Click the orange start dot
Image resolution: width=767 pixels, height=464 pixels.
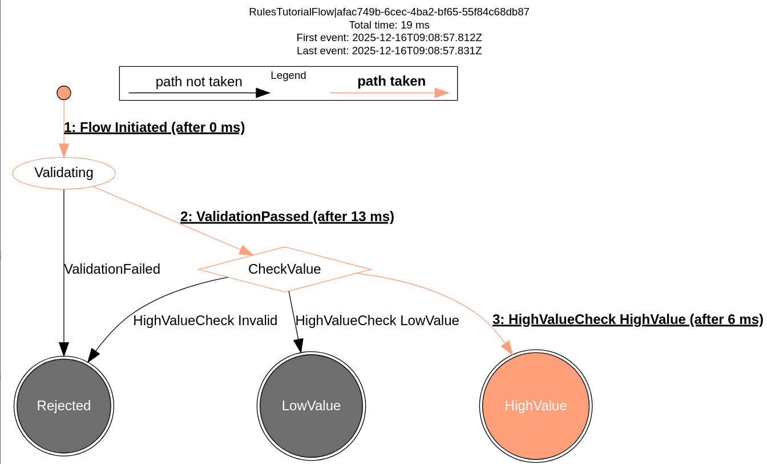pos(64,93)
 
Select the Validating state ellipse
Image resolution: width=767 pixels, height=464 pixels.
pos(64,173)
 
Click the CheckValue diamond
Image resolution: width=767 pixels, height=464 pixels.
pos(284,269)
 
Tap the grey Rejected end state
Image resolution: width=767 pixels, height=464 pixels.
pos(64,406)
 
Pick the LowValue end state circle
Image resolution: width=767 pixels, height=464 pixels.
pos(311,406)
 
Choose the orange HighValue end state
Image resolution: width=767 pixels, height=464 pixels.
pos(536,406)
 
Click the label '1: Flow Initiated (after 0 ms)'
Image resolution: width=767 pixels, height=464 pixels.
pos(154,127)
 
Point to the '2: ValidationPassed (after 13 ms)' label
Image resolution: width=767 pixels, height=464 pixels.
pos(287,217)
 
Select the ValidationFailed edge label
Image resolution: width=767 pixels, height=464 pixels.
pos(112,269)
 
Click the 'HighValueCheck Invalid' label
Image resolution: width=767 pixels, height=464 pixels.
pos(205,321)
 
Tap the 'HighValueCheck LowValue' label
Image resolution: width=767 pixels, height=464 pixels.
pos(377,321)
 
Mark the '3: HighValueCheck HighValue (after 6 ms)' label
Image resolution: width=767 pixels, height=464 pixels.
pos(628,319)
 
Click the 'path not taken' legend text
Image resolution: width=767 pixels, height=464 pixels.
pos(199,82)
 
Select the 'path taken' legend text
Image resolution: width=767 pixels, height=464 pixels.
pos(391,81)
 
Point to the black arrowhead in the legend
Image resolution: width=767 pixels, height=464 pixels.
pos(263,93)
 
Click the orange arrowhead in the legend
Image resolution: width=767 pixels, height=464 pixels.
pos(442,93)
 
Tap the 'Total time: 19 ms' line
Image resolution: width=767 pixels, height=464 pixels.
pos(389,25)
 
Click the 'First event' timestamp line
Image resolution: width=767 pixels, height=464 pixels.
pos(389,38)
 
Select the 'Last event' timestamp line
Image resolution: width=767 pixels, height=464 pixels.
pos(389,51)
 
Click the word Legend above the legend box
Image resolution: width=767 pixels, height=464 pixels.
pos(288,75)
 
